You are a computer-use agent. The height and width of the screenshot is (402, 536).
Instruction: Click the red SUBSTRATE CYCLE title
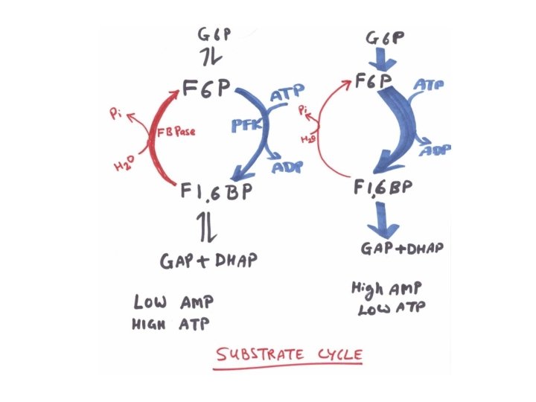pos(289,354)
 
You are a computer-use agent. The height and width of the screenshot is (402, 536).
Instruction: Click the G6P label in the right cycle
pos(383,35)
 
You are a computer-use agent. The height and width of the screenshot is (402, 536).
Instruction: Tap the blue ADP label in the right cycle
pos(437,151)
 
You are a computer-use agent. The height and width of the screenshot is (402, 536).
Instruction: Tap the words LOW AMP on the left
pos(173,302)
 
